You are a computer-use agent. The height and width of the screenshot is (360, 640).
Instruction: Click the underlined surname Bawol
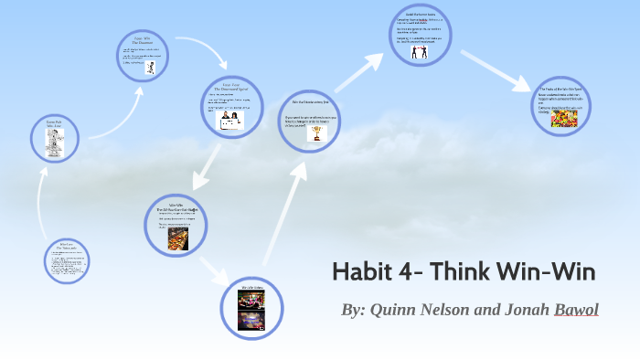[576, 311]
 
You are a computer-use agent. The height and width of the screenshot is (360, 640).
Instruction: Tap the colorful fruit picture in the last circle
[564, 119]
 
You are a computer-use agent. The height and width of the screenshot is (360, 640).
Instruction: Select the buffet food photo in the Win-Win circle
[177, 238]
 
